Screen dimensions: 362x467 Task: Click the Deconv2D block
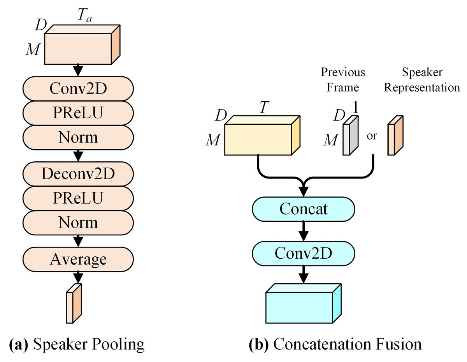78,174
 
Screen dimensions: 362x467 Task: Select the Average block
78,259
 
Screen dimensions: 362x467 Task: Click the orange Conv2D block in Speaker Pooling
78,89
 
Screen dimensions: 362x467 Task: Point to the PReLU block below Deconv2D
78,198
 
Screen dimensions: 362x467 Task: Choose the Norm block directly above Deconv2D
78,137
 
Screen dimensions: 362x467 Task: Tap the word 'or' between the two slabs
372,137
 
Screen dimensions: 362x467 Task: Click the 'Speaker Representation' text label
421,80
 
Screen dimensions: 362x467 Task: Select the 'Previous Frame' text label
342,80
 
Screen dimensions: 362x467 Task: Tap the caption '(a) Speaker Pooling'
77,344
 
